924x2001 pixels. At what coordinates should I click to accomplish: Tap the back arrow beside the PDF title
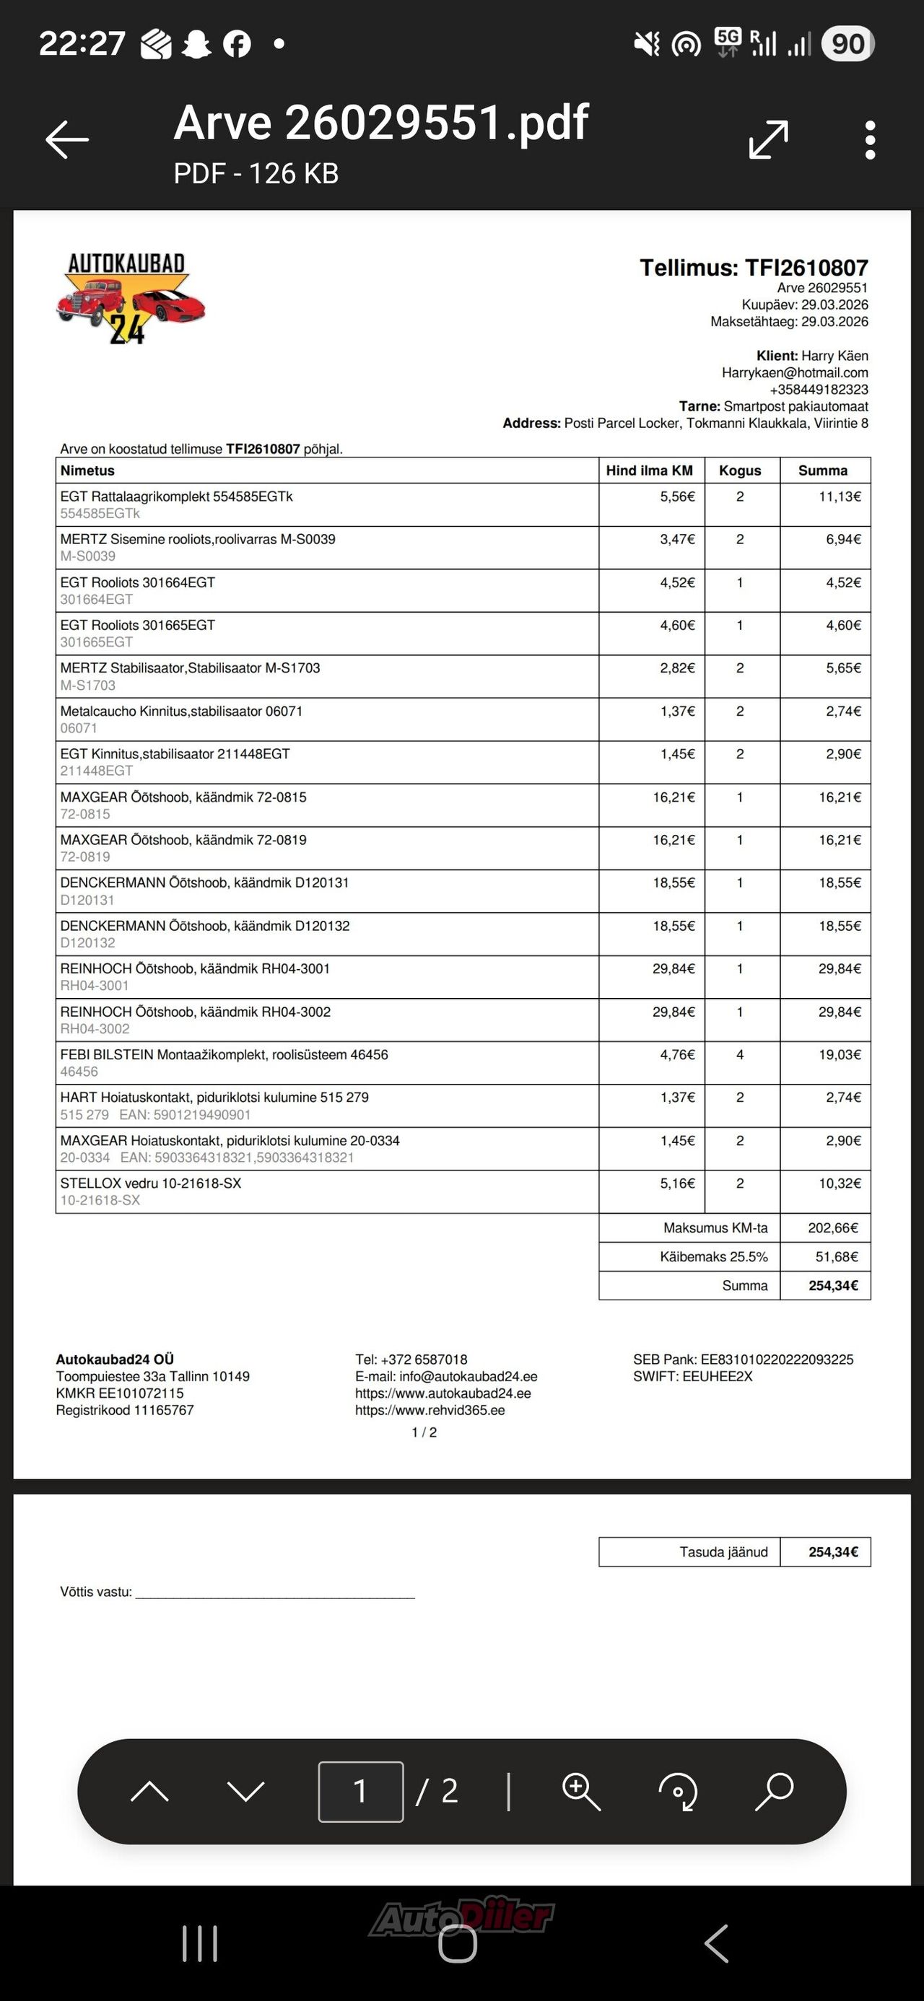[67, 140]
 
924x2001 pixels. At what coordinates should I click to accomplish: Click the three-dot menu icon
[870, 140]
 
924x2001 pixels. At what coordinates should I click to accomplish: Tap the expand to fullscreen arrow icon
[769, 140]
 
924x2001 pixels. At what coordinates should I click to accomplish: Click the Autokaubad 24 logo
[130, 298]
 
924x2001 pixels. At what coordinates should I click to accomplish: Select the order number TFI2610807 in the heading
[806, 268]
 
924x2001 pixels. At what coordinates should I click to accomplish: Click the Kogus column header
[740, 470]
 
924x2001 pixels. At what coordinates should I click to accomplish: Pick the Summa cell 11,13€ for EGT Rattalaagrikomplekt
[840, 496]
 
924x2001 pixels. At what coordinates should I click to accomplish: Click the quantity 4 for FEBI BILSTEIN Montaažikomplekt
[740, 1055]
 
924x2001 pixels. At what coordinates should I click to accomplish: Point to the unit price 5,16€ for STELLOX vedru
[678, 1183]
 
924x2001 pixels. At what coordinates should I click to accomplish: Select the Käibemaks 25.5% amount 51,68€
[836, 1257]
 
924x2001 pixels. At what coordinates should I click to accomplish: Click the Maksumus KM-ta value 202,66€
[833, 1228]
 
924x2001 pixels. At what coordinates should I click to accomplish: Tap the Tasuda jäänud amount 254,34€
[833, 1552]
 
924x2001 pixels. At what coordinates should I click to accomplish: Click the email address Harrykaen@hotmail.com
[794, 373]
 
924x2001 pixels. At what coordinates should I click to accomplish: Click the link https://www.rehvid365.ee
[430, 1410]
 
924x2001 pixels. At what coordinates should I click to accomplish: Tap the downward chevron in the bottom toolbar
[245, 1791]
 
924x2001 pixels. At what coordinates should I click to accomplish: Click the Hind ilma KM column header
[649, 470]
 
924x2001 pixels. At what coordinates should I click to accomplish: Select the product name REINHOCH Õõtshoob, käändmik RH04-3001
[195, 968]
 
